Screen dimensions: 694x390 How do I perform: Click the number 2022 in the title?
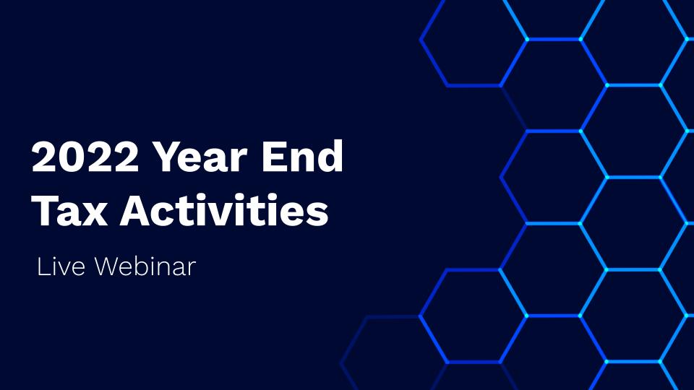[85, 157]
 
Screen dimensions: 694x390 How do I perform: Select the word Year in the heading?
[200, 157]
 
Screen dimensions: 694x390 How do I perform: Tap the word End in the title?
[302, 156]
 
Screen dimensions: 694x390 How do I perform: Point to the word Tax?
[70, 210]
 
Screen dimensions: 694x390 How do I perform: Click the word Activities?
[224, 209]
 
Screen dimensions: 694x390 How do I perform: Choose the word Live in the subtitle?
[61, 266]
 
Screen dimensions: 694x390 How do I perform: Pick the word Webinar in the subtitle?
[145, 266]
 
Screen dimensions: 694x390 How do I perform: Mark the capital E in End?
[273, 157]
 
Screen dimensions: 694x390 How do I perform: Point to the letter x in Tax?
[95, 214]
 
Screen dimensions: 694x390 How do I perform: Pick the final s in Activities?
[316, 214]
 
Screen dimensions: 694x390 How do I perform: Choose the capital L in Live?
[43, 266]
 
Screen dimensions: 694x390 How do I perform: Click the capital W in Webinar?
[108, 266]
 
